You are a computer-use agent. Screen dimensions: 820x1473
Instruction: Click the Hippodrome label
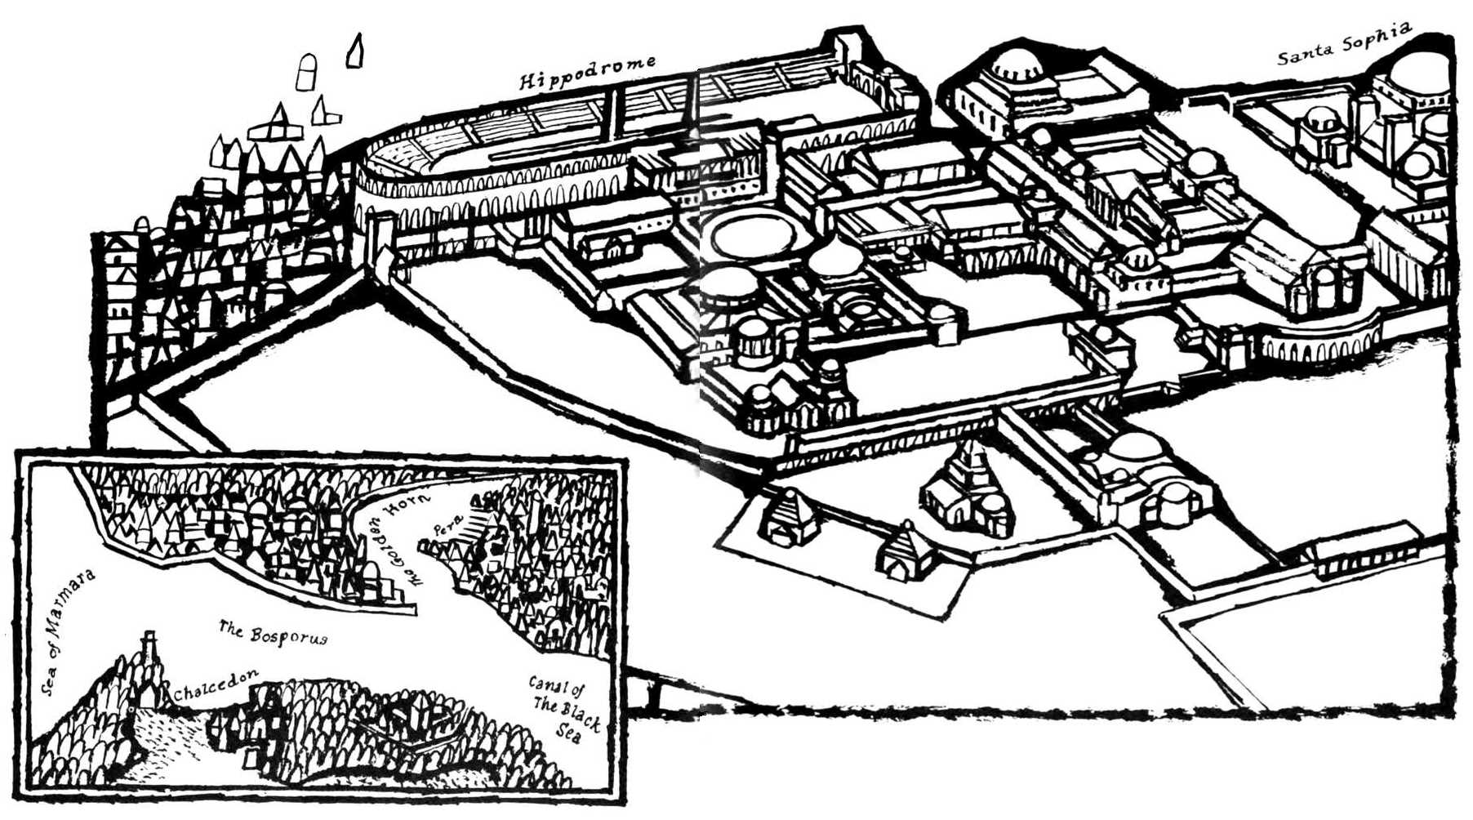tap(587, 72)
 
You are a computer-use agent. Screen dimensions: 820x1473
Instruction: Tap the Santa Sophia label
tap(1344, 46)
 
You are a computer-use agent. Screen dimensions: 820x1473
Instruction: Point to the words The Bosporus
tap(273, 633)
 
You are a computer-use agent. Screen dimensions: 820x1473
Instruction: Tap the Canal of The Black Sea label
tap(563, 706)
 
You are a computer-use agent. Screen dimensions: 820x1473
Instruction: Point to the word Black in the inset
tap(581, 715)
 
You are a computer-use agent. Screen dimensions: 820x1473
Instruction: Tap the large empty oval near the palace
tap(753, 235)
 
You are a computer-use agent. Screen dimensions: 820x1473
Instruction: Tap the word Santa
tap(1305, 56)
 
